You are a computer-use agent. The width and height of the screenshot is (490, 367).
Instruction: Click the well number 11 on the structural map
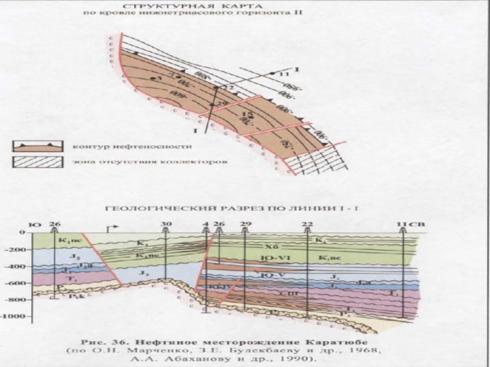click(282, 74)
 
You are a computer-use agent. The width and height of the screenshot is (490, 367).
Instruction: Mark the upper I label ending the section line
click(296, 69)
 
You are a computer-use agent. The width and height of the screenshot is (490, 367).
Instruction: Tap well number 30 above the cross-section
click(166, 224)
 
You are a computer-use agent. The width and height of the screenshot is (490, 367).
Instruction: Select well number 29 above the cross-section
click(245, 224)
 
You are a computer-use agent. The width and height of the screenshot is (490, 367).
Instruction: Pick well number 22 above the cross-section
click(307, 224)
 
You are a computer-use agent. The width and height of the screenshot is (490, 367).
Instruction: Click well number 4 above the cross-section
click(206, 224)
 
